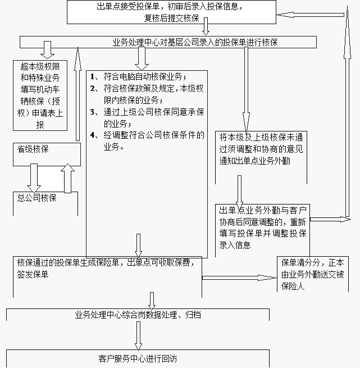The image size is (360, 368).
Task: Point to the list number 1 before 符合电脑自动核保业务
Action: click(93, 76)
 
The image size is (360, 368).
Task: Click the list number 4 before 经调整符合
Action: click(93, 135)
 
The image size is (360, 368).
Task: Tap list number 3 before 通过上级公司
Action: click(93, 112)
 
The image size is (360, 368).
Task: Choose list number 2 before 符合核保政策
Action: click(93, 88)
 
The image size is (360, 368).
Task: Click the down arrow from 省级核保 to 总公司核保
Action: click(34, 178)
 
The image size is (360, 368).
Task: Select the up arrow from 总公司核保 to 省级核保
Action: click(67, 178)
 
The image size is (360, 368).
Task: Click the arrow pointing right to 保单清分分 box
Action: click(239, 278)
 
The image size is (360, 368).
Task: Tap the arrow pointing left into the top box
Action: click(310, 15)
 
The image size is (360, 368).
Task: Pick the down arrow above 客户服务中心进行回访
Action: click(138, 336)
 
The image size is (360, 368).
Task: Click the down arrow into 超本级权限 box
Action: click(47, 50)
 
